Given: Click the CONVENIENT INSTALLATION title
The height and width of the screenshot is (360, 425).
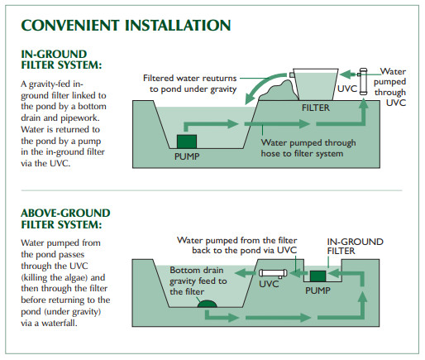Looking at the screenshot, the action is (x=126, y=26).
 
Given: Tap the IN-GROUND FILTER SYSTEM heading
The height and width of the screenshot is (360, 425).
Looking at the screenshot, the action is (x=61, y=60).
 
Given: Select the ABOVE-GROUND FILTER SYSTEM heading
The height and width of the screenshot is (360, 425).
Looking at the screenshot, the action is (x=65, y=218).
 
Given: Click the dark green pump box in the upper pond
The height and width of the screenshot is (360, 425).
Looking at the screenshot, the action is (x=187, y=142).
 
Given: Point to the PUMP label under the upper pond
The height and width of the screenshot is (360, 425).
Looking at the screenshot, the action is (x=187, y=156).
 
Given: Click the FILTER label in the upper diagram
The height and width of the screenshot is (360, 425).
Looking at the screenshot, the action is (x=316, y=108).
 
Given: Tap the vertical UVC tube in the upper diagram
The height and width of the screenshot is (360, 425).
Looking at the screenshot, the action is (x=363, y=81).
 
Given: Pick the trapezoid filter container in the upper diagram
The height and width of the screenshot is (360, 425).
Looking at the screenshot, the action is (x=316, y=84).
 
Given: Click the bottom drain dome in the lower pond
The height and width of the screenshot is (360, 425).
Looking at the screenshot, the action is (x=207, y=304).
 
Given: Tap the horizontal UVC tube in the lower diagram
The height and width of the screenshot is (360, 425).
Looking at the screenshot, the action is (x=273, y=273).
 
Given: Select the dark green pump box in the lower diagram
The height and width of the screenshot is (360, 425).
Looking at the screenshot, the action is (x=318, y=276).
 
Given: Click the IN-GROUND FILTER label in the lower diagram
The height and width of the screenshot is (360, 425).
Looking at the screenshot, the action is (x=355, y=247).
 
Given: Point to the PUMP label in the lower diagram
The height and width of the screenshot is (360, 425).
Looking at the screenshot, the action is (x=318, y=290).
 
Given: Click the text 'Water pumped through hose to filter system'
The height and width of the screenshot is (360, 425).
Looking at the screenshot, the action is (x=308, y=148).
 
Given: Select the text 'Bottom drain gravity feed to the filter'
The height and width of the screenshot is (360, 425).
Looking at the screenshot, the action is (x=198, y=281).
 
